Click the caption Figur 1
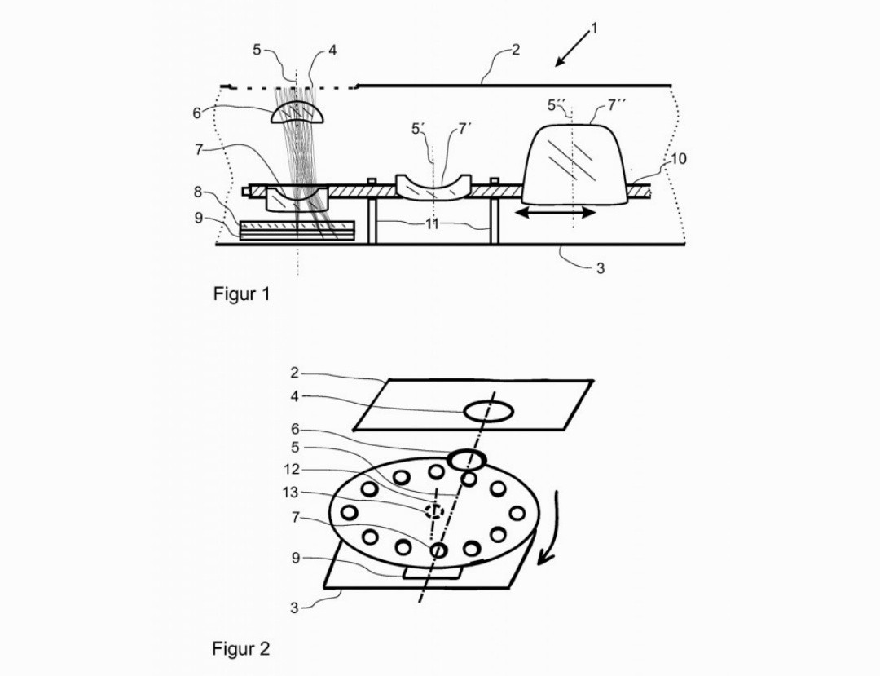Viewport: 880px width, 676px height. coord(241,294)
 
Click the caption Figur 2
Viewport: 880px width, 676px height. coord(240,649)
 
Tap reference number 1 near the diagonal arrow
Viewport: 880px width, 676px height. coord(594,28)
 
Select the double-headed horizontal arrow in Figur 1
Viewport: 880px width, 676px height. coord(556,212)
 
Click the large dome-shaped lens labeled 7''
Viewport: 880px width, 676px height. coord(574,164)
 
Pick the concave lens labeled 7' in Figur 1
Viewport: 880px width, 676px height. coord(433,188)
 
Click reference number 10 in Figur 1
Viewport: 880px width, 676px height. coord(678,159)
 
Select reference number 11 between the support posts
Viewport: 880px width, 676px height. coord(432,224)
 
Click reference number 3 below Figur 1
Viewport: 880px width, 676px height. coord(600,268)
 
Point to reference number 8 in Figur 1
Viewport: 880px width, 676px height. coord(197,192)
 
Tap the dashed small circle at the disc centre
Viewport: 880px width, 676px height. coord(433,511)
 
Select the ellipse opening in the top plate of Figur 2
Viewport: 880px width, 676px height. coord(488,412)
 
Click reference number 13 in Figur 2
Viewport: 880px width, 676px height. coord(291,493)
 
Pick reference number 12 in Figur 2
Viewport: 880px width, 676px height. coord(291,470)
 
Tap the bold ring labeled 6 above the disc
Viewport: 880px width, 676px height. coord(467,460)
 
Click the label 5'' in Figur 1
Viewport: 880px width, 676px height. coord(557,105)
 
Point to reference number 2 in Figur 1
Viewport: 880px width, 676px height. coord(516,51)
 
